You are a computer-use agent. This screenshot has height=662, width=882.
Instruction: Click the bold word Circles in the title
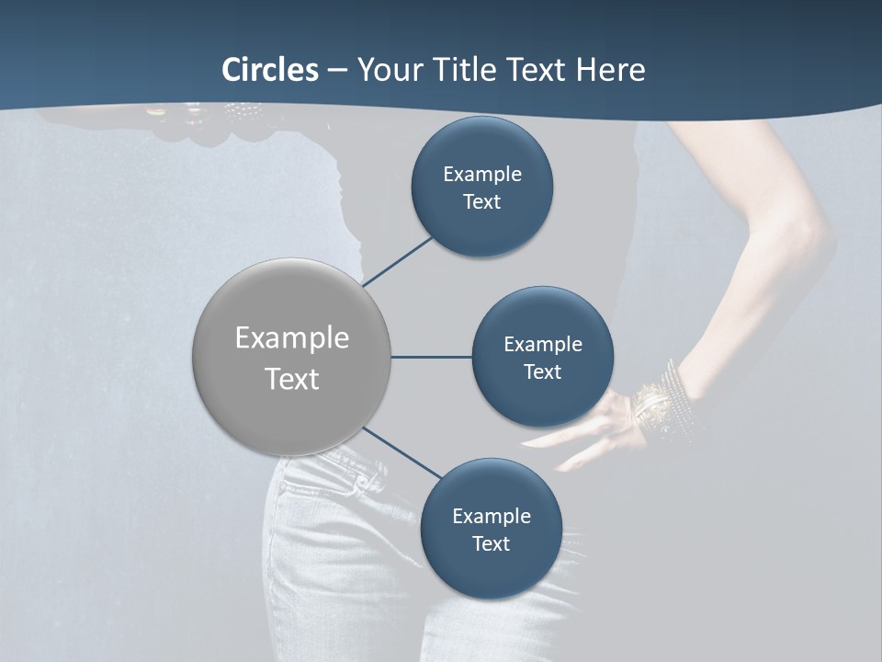[270, 70]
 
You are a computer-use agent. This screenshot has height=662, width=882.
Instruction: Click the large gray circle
[291, 357]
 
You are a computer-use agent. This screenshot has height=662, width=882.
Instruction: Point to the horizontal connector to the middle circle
[431, 357]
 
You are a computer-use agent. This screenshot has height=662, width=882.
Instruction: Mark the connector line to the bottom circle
[402, 453]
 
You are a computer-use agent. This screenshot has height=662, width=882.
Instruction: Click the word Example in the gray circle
[291, 337]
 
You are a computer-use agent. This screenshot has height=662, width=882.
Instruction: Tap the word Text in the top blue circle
[481, 201]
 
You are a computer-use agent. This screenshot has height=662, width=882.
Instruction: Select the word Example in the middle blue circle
[542, 344]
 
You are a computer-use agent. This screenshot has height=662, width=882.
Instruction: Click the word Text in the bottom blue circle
[491, 543]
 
